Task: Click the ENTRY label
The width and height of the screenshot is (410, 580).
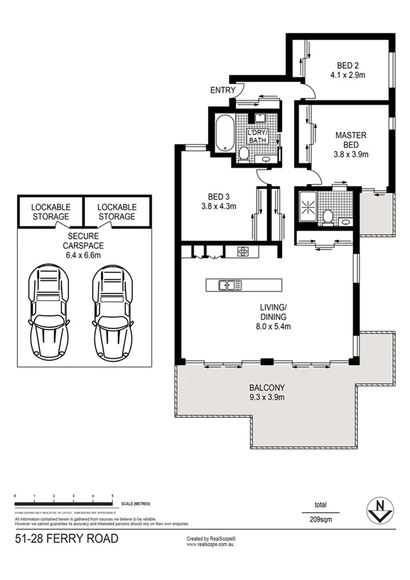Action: pos(223,90)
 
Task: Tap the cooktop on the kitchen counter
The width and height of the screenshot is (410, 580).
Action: pos(244,251)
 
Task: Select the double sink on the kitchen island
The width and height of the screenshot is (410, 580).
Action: pos(226,285)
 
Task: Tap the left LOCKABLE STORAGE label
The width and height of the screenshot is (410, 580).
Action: pos(49,211)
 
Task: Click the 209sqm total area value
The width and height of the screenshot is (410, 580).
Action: pos(320,520)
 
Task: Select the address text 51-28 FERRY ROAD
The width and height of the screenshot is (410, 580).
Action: pos(66,540)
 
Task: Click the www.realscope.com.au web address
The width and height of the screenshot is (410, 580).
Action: pos(214,546)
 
